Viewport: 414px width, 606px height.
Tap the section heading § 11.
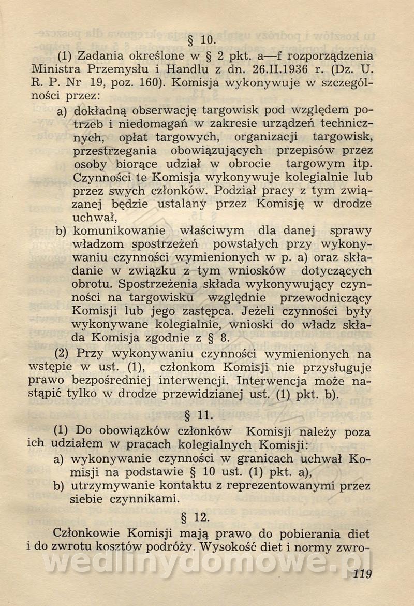(x=200, y=414)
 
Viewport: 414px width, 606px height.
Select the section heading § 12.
(x=200, y=516)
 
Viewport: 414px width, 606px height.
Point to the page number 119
(x=360, y=574)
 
